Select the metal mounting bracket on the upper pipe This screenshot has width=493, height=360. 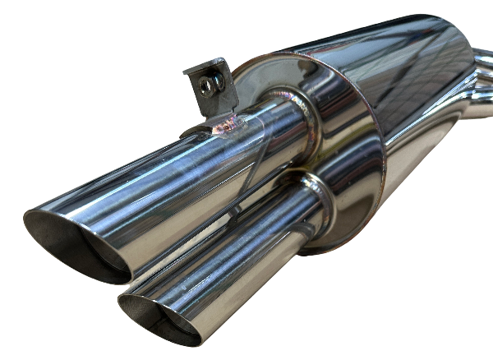click(x=212, y=86)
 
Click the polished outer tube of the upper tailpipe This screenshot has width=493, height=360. click(x=181, y=173)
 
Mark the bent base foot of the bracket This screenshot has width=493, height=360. click(x=197, y=127)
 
